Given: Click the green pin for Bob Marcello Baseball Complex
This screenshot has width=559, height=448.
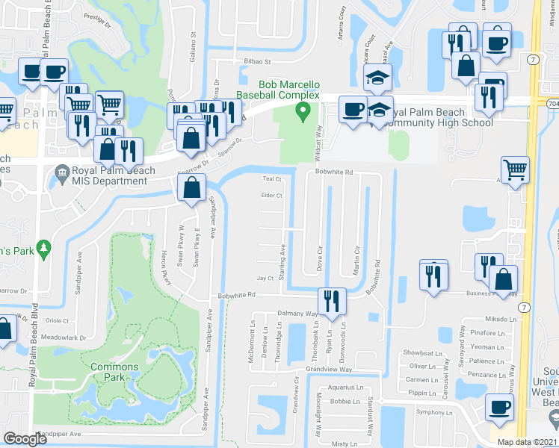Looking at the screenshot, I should [x=303, y=112].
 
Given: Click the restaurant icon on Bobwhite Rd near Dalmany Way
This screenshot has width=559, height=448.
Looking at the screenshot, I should [x=330, y=300].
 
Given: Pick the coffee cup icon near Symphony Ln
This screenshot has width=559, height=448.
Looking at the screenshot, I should [x=499, y=408].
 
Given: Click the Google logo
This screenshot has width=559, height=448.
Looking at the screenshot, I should [x=25, y=439].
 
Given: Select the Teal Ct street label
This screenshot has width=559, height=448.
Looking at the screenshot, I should [x=271, y=179].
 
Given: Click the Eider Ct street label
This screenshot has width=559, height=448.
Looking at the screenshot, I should [x=271, y=196].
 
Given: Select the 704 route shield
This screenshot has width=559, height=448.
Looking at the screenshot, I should [x=552, y=102].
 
